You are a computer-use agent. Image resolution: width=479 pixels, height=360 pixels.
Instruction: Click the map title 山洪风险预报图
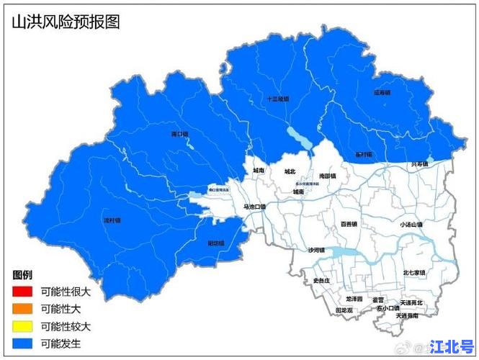coord(65,22)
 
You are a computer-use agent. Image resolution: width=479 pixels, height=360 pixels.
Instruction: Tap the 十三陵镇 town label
coord(277,99)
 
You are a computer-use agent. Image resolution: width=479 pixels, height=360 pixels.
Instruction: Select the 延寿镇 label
coord(382,92)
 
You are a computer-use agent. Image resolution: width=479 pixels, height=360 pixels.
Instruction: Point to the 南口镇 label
coord(179,134)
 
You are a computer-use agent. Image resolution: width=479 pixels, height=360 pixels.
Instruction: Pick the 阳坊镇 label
coord(216,243)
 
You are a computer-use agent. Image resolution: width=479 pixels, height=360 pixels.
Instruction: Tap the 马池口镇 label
coord(254,207)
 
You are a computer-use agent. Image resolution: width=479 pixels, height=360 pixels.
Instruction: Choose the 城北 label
coord(290,171)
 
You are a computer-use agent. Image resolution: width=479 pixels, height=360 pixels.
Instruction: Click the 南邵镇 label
coord(328,175)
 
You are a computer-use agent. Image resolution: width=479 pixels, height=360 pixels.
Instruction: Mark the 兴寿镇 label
coord(419,164)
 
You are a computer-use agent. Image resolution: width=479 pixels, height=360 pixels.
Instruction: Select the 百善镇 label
coord(349,224)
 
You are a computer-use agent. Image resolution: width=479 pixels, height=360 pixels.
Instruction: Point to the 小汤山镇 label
coord(411,224)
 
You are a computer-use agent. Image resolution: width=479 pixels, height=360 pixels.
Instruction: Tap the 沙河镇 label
coord(317,250)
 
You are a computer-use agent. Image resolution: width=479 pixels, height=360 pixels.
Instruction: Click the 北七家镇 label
coord(414,273)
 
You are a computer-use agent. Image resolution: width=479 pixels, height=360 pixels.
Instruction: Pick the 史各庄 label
coord(321,279)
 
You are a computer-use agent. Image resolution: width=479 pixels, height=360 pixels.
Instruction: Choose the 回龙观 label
coord(344,310)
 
